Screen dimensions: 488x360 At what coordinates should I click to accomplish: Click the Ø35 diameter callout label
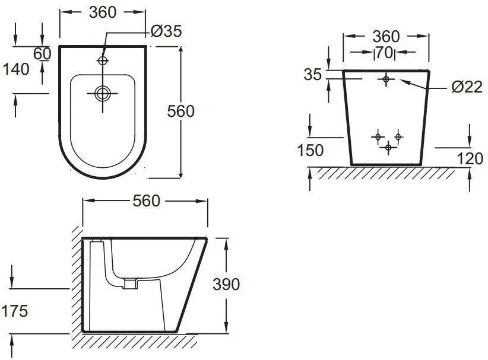(x=166, y=31)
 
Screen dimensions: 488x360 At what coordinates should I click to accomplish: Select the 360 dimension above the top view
(x=102, y=12)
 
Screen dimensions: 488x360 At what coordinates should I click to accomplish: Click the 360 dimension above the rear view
(x=386, y=36)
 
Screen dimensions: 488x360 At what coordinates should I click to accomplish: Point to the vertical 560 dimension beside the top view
(x=180, y=111)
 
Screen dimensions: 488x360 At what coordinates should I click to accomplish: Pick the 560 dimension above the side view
(x=146, y=200)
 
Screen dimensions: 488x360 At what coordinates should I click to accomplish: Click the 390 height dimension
(x=226, y=284)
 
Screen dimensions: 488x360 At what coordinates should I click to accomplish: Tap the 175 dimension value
(x=15, y=311)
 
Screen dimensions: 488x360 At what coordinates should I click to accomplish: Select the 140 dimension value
(x=16, y=69)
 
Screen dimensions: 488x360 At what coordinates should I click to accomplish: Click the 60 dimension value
(x=42, y=54)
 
